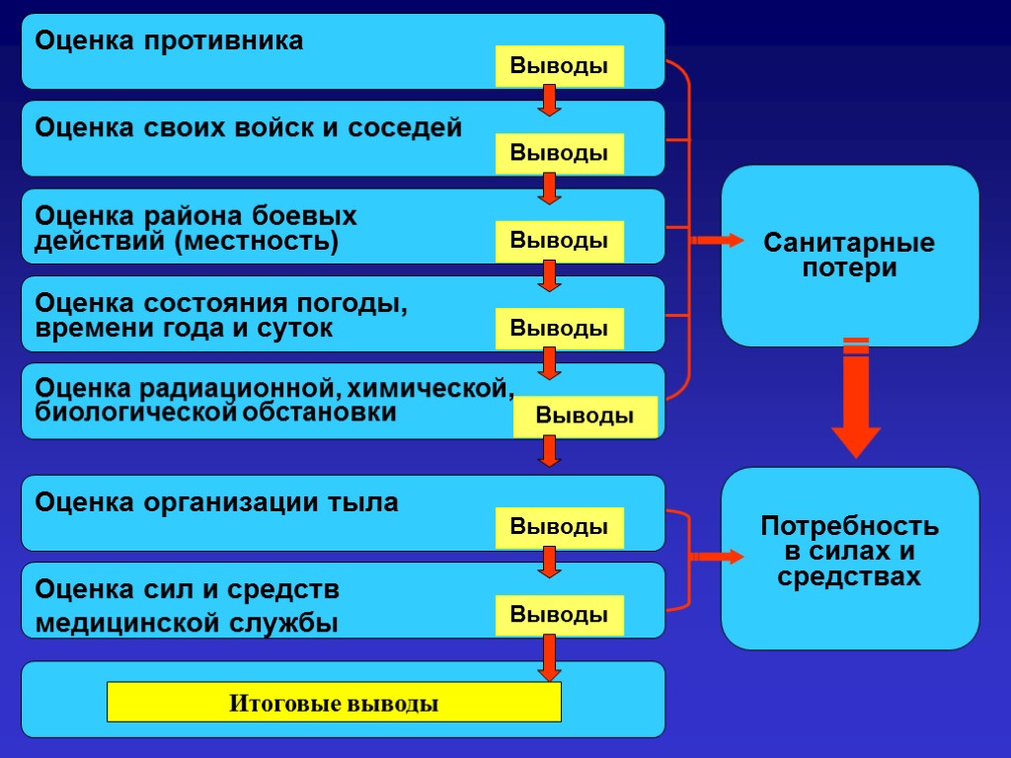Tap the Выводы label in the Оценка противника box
coord(559,66)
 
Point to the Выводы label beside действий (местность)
coord(559,241)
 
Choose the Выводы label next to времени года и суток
coord(559,329)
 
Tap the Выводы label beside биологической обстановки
coord(584,417)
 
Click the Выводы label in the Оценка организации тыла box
coord(559,528)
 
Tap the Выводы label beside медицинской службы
coord(559,616)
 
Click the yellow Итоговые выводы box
coord(334,703)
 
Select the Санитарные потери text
coord(850,256)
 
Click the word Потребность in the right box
coord(850,527)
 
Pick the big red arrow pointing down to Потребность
coord(856,399)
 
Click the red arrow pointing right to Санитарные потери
coord(718,241)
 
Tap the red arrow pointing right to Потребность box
coord(718,558)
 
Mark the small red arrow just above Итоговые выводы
coord(550,657)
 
